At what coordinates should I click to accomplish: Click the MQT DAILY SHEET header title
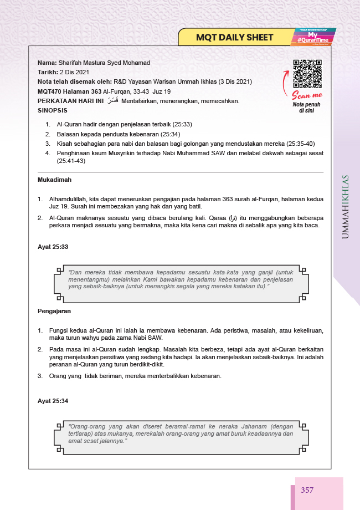(235, 38)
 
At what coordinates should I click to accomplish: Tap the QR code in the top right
(307, 74)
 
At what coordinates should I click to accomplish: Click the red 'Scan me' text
(307, 95)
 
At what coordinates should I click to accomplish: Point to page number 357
(308, 490)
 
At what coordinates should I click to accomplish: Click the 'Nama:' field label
(47, 63)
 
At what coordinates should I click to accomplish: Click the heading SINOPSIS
(52, 110)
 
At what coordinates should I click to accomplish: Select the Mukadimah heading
(54, 180)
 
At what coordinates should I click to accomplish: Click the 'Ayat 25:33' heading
(53, 246)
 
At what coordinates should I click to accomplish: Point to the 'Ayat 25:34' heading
(53, 400)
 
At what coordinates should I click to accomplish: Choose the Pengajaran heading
(54, 311)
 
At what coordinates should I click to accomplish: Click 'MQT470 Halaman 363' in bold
(69, 91)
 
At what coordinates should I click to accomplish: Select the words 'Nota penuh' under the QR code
(307, 104)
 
